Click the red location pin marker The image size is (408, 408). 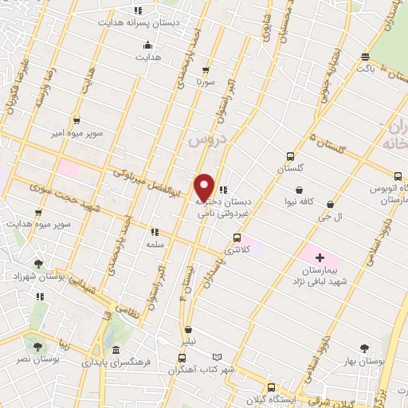pos(205,186)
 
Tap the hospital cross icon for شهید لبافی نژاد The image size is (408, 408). pos(320,257)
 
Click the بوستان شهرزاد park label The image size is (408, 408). pos(37,275)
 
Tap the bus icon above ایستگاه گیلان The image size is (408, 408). pos(271,386)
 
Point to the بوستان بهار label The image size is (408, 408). pos(366,361)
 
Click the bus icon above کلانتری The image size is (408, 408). pos(237,237)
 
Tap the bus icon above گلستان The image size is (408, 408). pos(291,156)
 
